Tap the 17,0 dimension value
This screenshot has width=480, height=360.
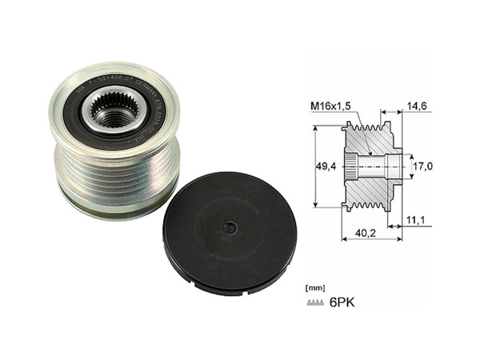421,166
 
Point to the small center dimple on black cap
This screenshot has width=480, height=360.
230,228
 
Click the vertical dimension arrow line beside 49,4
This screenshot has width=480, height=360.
316,166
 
